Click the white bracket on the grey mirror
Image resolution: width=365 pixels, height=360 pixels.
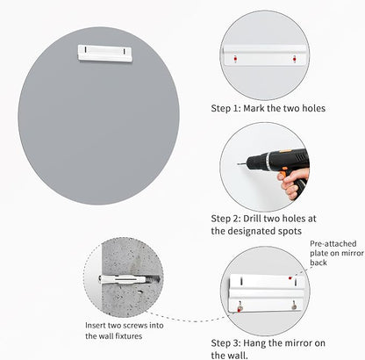(105, 54)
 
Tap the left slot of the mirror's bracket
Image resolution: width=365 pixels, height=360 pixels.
(85, 49)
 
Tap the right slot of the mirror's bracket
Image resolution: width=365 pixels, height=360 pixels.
(125, 52)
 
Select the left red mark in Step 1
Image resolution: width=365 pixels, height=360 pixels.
(235, 59)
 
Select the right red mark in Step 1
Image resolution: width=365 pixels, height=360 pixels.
(294, 59)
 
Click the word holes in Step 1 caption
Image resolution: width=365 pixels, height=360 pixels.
(313, 108)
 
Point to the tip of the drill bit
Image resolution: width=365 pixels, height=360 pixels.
(238, 164)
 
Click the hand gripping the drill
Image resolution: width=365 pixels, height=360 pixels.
(293, 182)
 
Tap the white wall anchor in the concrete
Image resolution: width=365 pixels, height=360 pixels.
(122, 279)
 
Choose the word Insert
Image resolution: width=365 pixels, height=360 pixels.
(96, 326)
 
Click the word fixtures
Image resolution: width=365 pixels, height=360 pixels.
(128, 336)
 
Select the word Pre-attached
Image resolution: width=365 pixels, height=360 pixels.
(333, 244)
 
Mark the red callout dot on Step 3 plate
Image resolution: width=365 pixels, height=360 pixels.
(290, 277)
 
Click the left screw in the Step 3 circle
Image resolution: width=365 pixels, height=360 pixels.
(240, 307)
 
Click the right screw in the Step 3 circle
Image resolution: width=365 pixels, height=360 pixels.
(294, 306)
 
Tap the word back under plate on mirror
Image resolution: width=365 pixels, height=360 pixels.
(318, 263)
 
